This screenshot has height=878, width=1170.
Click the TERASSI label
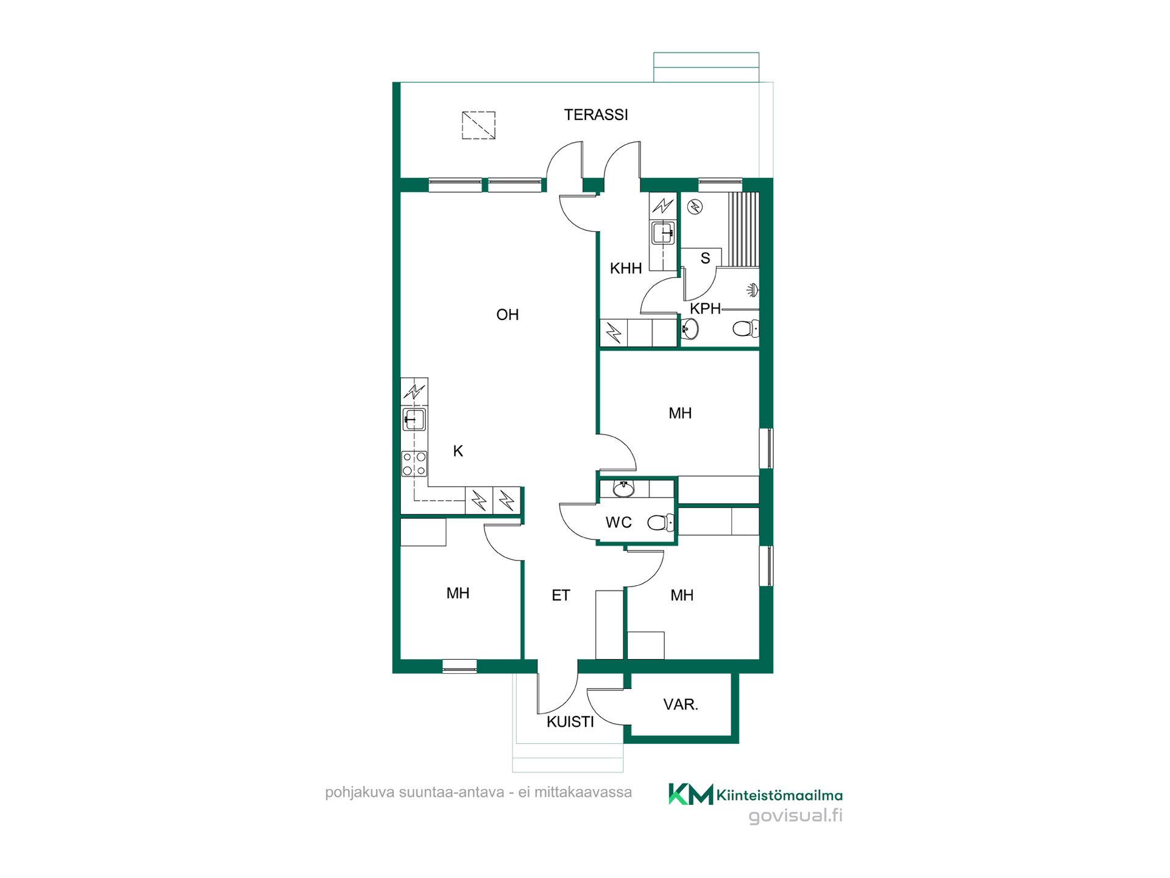[595, 115]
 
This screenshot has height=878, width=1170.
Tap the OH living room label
[508, 315]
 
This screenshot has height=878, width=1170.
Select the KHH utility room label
[626, 268]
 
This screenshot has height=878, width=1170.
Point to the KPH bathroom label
[705, 309]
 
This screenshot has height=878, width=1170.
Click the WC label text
[619, 522]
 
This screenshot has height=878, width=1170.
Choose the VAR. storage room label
[681, 704]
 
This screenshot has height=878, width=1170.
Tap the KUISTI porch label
[570, 722]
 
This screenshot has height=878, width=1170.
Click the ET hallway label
[561, 595]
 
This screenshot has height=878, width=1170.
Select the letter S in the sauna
[705, 259]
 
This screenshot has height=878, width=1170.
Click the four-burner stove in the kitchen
[414, 463]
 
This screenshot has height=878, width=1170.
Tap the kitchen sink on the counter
[414, 419]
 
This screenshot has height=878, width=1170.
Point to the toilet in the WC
[661, 523]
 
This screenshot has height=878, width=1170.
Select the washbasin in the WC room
[623, 488]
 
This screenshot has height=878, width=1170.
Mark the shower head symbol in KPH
[753, 290]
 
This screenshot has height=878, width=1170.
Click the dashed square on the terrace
[478, 125]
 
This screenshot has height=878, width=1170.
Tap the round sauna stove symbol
[695, 207]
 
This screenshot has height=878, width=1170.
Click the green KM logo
[690, 794]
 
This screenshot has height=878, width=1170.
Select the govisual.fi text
[795, 816]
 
